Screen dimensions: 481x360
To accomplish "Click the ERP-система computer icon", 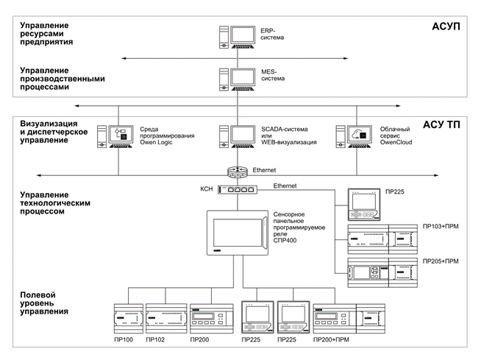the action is [x=237, y=37].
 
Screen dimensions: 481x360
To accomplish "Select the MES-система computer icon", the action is [x=237, y=80].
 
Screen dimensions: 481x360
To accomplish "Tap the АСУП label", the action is [x=446, y=27].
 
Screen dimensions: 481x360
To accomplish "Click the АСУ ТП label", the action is [x=441, y=124].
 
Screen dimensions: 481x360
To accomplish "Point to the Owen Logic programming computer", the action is [x=115, y=137].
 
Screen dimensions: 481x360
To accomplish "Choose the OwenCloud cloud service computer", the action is [x=354, y=137].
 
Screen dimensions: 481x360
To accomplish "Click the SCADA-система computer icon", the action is [x=237, y=137].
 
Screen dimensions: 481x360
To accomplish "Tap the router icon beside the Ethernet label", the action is [x=238, y=172].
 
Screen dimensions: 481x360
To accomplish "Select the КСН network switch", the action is [x=238, y=189].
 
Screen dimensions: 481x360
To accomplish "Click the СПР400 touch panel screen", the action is [x=238, y=233].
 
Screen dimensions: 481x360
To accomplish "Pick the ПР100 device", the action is [x=129, y=319].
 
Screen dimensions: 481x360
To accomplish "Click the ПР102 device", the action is [x=166, y=319].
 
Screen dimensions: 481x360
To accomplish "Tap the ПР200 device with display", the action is [x=212, y=319].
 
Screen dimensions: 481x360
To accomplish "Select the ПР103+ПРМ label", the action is [x=441, y=227].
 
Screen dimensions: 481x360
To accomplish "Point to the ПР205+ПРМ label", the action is [x=441, y=261].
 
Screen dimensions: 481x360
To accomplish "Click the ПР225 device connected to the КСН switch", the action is [x=364, y=205].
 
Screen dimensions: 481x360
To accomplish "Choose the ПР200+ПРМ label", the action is [x=331, y=339].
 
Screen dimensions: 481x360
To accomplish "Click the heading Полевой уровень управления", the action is [x=44, y=303].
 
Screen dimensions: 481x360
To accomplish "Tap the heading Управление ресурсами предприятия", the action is [x=46, y=33].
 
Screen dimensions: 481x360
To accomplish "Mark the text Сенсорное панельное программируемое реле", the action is [x=299, y=225].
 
